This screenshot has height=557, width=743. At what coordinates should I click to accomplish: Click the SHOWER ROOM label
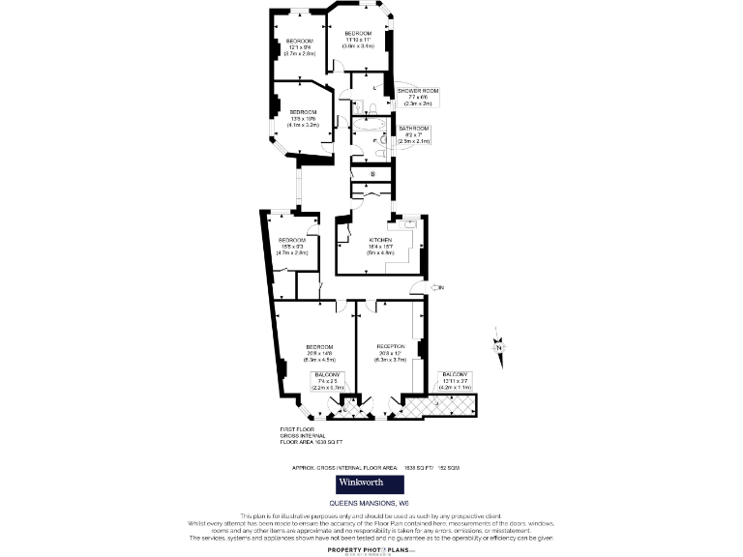(x=418, y=91)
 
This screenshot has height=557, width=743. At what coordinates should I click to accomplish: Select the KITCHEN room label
(x=380, y=240)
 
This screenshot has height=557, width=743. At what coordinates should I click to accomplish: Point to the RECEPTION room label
(x=391, y=346)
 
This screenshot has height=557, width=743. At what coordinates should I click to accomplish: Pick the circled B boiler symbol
(x=372, y=174)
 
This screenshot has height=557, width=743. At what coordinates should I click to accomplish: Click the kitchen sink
(x=408, y=226)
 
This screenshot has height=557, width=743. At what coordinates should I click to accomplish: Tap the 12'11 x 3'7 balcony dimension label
(x=455, y=380)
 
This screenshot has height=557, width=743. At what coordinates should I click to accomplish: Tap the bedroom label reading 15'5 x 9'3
(x=292, y=246)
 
